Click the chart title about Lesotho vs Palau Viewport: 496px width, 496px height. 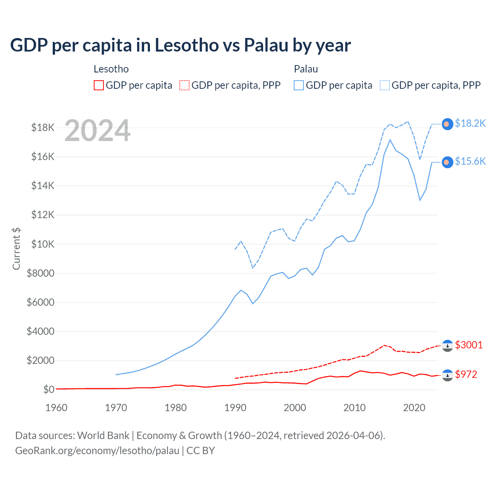[x=181, y=45]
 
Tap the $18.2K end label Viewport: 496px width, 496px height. [x=470, y=123]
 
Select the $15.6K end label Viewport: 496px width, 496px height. [x=470, y=161]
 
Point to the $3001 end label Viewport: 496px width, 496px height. [x=469, y=345]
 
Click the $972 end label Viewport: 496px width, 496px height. [x=466, y=374]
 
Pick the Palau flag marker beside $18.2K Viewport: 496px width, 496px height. [x=448, y=124]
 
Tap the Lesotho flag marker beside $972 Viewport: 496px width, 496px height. [x=448, y=375]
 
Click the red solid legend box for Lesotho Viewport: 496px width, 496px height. [x=99, y=85]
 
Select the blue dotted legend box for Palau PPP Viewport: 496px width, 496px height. [x=385, y=85]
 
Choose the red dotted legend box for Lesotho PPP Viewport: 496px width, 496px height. [x=184, y=85]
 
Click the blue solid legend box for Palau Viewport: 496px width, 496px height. [x=299, y=85]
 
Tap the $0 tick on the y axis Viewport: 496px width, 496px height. [x=49, y=389]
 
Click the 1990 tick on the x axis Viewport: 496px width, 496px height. [x=235, y=408]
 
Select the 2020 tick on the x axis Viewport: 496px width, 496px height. [x=414, y=408]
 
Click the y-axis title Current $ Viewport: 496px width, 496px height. [x=16, y=249]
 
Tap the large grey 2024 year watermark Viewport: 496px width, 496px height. [x=98, y=131]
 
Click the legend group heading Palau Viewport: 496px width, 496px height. [x=306, y=69]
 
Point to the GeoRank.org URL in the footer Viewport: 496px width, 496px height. [x=97, y=451]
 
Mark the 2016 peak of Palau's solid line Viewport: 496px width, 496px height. [x=390, y=140]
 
